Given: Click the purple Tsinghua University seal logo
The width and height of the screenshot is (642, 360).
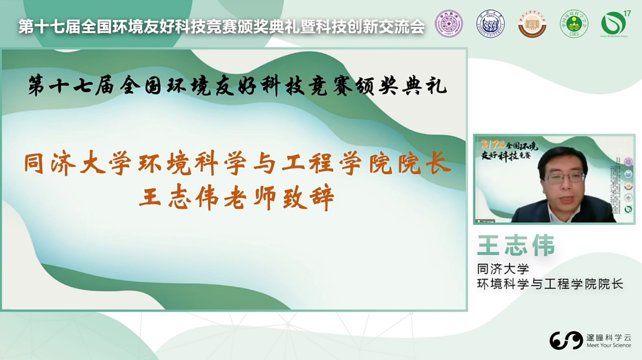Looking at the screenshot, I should (x=449, y=23).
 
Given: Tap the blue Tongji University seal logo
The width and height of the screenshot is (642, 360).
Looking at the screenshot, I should (x=490, y=23).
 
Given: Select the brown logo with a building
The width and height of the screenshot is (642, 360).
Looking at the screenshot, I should (x=532, y=23).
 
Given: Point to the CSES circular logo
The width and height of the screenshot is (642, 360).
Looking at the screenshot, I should (x=574, y=24).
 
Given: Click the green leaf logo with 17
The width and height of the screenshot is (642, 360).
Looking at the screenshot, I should (x=614, y=23).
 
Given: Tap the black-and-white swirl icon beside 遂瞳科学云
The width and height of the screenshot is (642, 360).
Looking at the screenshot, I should (x=566, y=340).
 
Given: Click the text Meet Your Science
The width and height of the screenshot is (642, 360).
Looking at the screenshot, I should (x=609, y=345).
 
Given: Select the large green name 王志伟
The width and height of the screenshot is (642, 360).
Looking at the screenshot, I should (x=516, y=245).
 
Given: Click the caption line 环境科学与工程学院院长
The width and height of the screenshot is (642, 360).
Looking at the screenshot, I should (x=550, y=284).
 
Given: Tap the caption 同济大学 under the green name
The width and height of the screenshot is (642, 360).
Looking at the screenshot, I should (x=503, y=268).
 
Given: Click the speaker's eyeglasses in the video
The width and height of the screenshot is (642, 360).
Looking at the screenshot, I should (x=564, y=178).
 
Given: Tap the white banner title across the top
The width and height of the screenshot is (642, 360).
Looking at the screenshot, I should (x=221, y=26).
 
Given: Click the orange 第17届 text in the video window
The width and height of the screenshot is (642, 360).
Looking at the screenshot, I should (x=491, y=143).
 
